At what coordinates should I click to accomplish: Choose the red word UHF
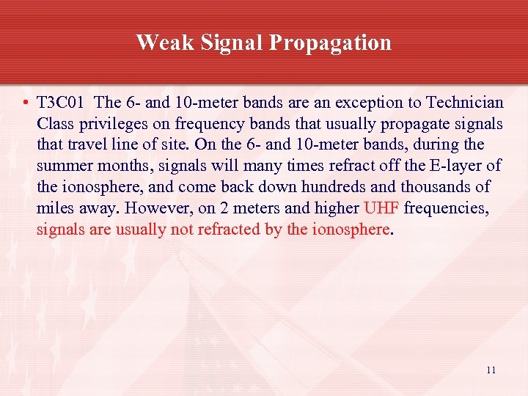tap(381, 208)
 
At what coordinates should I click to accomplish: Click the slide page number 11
tap(491, 370)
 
